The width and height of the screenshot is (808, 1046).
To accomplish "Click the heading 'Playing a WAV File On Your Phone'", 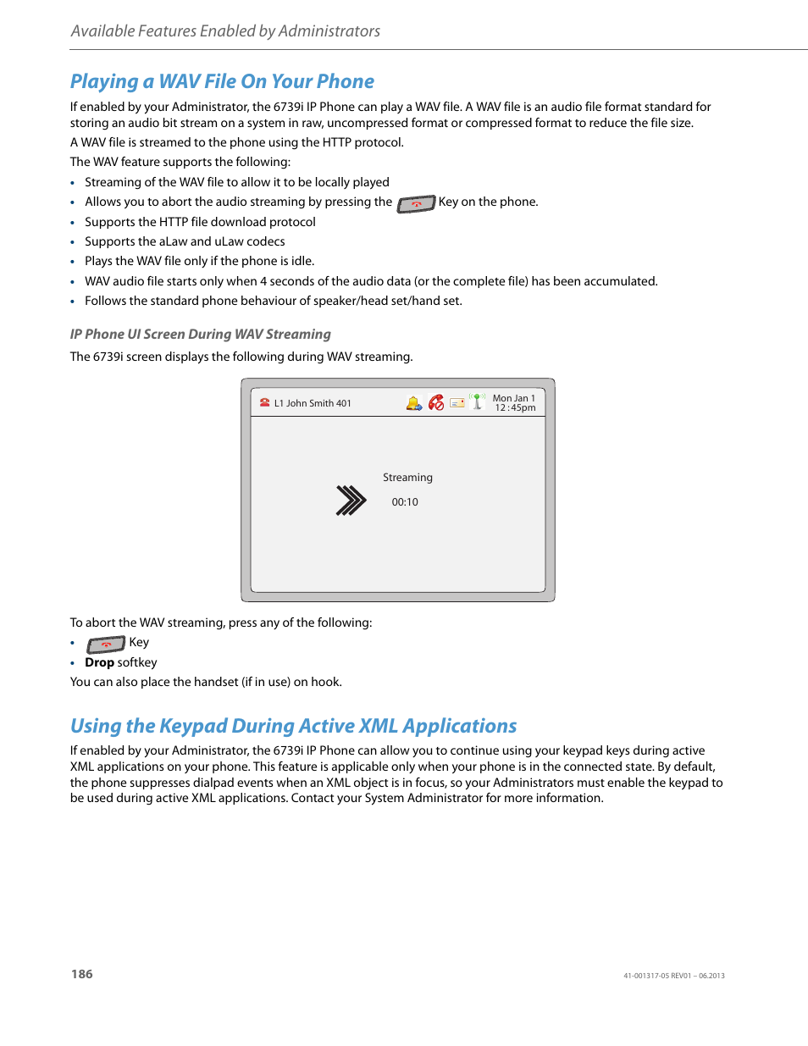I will pyautogui.click(x=222, y=81).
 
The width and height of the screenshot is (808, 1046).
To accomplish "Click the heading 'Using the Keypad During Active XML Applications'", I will pyautogui.click(x=293, y=726).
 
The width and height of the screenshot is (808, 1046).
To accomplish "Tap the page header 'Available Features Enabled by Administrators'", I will pyautogui.click(x=225, y=31).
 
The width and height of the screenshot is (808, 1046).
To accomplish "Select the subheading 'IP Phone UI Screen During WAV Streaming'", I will pyautogui.click(x=200, y=335).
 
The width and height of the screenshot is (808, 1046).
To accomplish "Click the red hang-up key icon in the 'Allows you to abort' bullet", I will pyautogui.click(x=416, y=204).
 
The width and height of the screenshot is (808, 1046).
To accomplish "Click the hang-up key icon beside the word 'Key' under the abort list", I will pyautogui.click(x=106, y=645).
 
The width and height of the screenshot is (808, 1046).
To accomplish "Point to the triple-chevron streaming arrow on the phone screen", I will pyautogui.click(x=351, y=501).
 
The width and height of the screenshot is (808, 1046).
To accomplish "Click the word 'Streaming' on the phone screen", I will pyautogui.click(x=407, y=478).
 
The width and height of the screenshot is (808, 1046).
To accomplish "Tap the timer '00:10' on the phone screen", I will pyautogui.click(x=405, y=502).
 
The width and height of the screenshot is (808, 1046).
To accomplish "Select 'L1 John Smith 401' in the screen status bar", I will pyautogui.click(x=313, y=404).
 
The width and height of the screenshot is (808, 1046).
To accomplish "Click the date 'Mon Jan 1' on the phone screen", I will pyautogui.click(x=514, y=398).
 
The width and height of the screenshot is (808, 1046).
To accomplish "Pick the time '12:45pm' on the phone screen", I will pyautogui.click(x=515, y=408).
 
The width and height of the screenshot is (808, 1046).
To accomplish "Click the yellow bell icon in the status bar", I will pyautogui.click(x=413, y=404).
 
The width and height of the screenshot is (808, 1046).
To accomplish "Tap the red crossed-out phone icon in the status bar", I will pyautogui.click(x=436, y=403).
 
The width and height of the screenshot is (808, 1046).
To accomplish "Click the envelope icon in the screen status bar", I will pyautogui.click(x=457, y=404).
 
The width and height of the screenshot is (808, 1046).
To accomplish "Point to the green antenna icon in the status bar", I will pyautogui.click(x=478, y=401).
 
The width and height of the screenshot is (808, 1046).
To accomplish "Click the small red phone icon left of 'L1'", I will pyautogui.click(x=264, y=403).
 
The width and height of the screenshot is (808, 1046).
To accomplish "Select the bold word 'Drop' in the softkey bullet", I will pyautogui.click(x=99, y=662).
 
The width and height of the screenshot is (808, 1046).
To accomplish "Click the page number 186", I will pyautogui.click(x=82, y=974).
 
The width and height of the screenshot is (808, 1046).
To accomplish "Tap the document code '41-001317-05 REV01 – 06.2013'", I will pyautogui.click(x=673, y=976).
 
